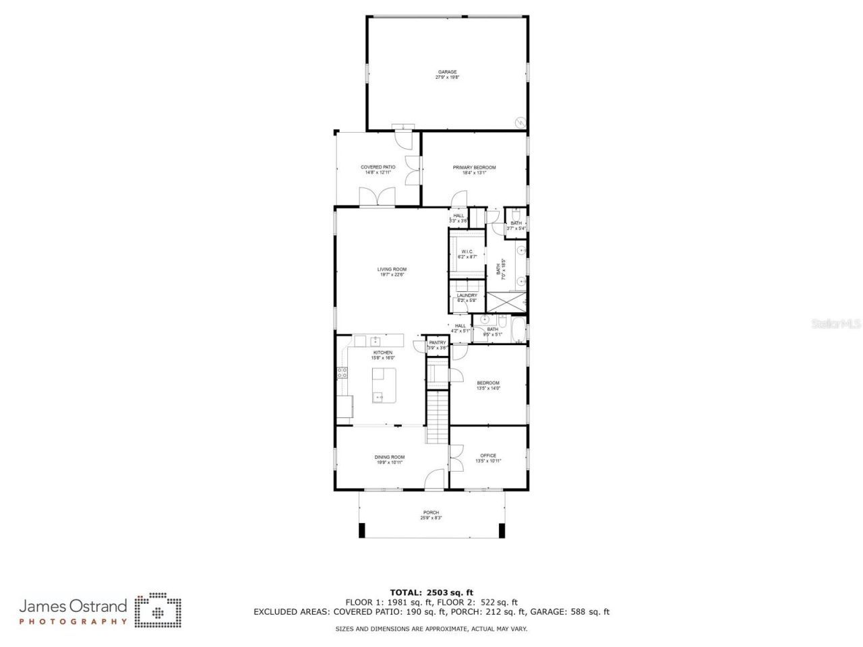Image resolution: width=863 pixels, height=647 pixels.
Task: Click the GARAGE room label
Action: pos(447,72)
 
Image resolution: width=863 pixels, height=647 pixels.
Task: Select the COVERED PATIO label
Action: pos(378,167)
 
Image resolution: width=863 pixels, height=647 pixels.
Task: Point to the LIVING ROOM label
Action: pos(392,270)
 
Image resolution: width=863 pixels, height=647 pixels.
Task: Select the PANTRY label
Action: pos(438,342)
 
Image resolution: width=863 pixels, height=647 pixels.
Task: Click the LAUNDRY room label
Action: pos(467,295)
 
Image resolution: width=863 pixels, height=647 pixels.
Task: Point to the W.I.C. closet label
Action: pos(466,251)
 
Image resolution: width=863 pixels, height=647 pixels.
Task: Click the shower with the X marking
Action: pos(506,301)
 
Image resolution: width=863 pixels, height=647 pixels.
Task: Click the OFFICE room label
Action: pos(488,456)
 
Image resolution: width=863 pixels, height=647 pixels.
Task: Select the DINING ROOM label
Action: pos(390,458)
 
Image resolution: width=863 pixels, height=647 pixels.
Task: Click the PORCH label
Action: pos(431,513)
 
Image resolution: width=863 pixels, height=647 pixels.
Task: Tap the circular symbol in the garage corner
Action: pos(520,122)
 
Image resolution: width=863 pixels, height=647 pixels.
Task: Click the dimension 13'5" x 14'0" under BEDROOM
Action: pos(488,388)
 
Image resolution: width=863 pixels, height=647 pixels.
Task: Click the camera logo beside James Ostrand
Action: pos(158,610)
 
